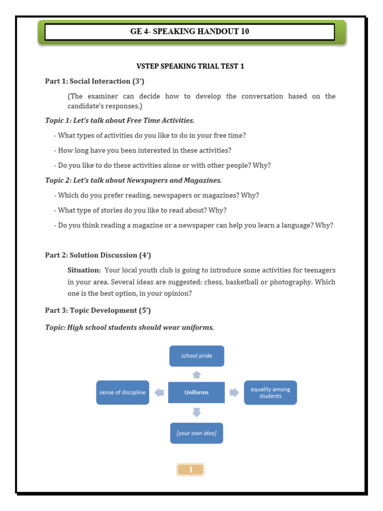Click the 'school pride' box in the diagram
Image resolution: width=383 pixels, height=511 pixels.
click(196, 356)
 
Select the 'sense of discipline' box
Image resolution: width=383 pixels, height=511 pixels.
click(123, 392)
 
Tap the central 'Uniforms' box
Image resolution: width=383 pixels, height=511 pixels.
click(196, 392)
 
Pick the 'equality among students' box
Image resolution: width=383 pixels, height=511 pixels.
click(270, 392)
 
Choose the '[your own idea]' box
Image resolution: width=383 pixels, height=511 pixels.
click(196, 433)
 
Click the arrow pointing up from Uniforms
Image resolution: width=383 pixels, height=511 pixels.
click(196, 374)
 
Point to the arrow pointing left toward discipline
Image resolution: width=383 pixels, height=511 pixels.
click(159, 393)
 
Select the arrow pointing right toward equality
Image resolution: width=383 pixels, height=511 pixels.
click(234, 393)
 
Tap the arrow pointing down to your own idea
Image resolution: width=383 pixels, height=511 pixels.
click(196, 412)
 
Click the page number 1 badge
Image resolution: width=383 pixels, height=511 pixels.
click(190, 469)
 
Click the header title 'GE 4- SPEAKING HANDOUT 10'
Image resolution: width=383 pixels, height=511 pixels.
click(190, 31)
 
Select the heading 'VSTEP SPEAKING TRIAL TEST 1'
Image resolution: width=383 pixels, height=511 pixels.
click(191, 66)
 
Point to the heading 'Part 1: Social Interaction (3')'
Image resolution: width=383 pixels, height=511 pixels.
click(95, 81)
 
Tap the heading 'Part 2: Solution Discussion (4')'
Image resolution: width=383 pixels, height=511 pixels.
click(98, 255)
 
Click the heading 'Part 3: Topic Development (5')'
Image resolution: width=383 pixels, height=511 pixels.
click(98, 310)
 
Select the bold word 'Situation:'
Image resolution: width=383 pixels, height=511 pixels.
click(84, 270)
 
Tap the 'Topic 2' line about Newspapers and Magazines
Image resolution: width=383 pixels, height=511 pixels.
click(133, 180)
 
